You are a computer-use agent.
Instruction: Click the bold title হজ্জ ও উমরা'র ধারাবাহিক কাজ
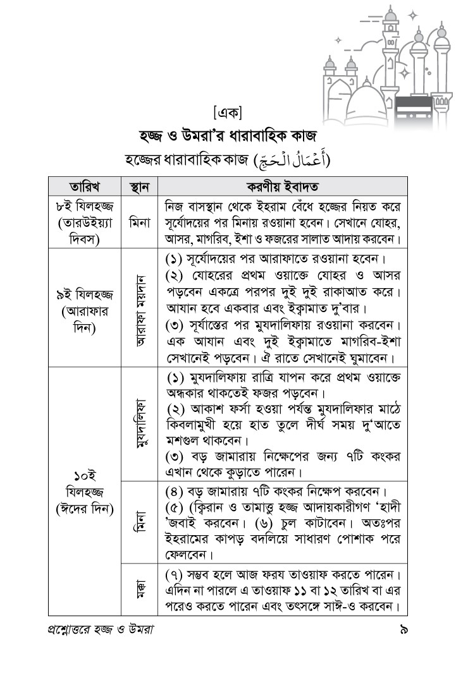(x=228, y=135)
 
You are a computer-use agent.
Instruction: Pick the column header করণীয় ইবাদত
(x=282, y=186)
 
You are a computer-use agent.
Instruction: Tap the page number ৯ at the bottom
(x=402, y=630)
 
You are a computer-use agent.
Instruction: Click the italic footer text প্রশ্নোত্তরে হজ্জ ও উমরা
(x=101, y=630)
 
